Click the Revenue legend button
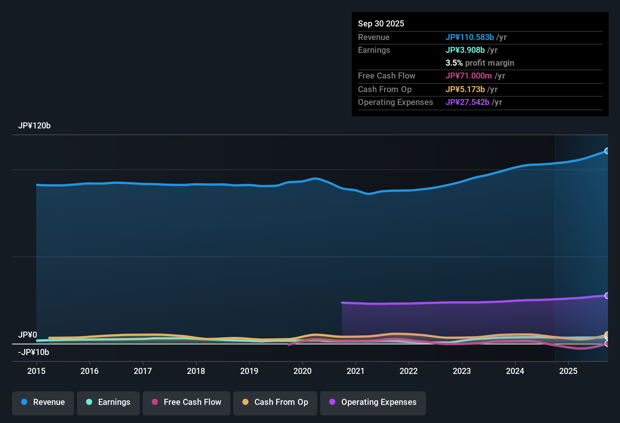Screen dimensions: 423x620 [43, 402]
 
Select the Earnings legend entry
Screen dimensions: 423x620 [108, 402]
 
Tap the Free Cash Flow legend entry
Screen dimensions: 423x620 [186, 402]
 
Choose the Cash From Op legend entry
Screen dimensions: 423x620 [275, 402]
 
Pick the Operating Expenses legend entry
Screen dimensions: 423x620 [373, 402]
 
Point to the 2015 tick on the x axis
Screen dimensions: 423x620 [36, 371]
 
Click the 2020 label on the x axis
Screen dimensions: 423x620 [302, 371]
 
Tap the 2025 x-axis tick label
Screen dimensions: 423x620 [568, 371]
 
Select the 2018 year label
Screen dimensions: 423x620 [196, 371]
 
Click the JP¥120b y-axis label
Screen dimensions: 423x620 [34, 126]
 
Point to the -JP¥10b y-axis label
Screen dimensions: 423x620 [34, 352]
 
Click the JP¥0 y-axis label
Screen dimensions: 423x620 [28, 335]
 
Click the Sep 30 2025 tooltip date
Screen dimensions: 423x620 [381, 23]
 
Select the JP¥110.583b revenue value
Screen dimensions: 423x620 [469, 37]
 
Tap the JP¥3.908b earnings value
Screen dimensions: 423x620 [465, 50]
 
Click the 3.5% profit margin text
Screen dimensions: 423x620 [480, 63]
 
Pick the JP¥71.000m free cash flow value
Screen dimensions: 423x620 [469, 76]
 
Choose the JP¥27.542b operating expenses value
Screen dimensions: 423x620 [467, 102]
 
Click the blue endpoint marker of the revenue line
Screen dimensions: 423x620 [607, 151]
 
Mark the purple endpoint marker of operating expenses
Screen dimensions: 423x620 [607, 295]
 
